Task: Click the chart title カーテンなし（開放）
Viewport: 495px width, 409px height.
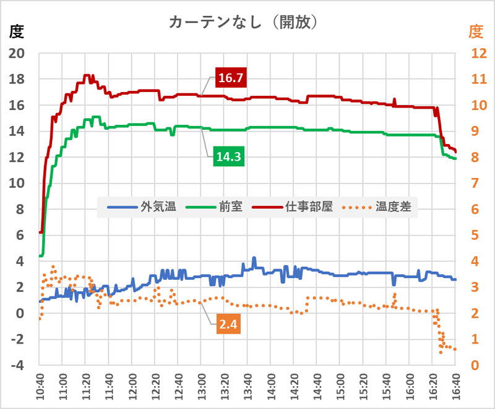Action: (x=244, y=23)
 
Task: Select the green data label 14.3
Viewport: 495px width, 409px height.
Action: (x=228, y=157)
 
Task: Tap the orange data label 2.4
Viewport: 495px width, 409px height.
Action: (x=228, y=323)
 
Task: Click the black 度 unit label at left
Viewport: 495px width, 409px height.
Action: (x=16, y=30)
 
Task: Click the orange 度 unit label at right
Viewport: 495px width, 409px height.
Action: (x=475, y=30)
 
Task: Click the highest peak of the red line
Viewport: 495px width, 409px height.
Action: (x=87, y=75)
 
